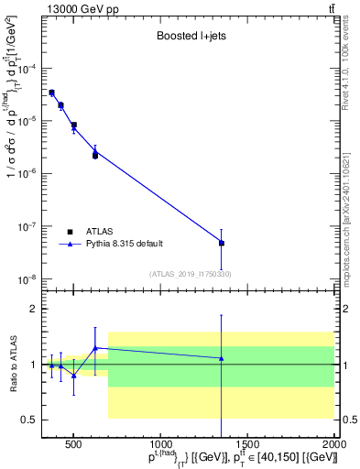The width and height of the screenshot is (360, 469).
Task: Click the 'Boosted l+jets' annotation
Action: (190, 38)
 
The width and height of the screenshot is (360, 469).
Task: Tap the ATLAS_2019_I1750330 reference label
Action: (190, 274)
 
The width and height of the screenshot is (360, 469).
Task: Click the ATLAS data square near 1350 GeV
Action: (222, 243)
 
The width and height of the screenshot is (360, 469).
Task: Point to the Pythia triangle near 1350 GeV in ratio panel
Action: (222, 358)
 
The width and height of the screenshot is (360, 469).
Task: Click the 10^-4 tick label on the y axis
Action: (25, 69)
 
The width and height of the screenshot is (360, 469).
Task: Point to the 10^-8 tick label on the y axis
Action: (25, 279)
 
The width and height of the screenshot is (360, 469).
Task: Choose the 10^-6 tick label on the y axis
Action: (25, 174)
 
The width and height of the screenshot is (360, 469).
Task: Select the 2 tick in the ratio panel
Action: (31, 310)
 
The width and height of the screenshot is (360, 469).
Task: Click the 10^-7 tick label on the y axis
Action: (25, 227)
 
